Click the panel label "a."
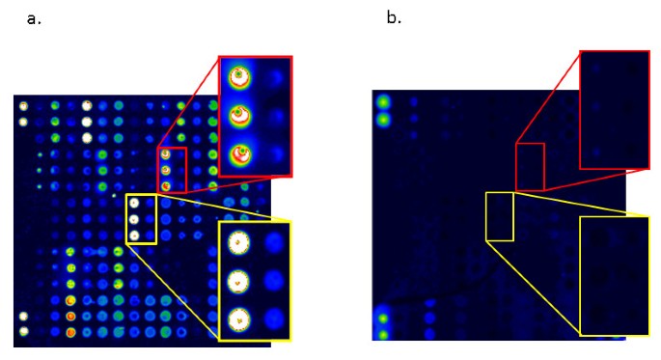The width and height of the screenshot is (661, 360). pyautogui.click(x=34, y=18)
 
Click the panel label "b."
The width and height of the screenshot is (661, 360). pyautogui.click(x=394, y=17)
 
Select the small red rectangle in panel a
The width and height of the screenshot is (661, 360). pyautogui.click(x=172, y=169)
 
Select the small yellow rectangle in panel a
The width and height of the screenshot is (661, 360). pyautogui.click(x=141, y=219)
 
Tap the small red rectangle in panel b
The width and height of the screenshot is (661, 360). pyautogui.click(x=530, y=166)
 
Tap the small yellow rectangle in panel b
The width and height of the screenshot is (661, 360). pyautogui.click(x=499, y=216)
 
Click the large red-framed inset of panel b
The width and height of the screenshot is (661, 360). pyautogui.click(x=615, y=109)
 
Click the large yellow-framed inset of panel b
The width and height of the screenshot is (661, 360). pyautogui.click(x=615, y=276)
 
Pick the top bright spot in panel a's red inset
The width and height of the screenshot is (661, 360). pyautogui.click(x=238, y=75)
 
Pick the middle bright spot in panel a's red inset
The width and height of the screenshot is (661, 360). pyautogui.click(x=238, y=115)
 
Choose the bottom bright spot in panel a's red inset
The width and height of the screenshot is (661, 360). pyautogui.click(x=238, y=153)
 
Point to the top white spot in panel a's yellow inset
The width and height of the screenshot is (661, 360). pyautogui.click(x=238, y=244)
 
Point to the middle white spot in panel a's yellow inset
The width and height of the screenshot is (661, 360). pyautogui.click(x=238, y=281)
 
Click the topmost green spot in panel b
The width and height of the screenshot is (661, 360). pyautogui.click(x=383, y=102)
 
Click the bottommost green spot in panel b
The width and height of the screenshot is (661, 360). pyautogui.click(x=383, y=334)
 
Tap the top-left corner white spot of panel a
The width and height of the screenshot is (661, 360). pyautogui.click(x=23, y=106)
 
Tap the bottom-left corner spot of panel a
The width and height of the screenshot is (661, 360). pyautogui.click(x=23, y=331)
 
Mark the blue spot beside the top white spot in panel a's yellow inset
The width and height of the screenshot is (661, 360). pyautogui.click(x=274, y=242)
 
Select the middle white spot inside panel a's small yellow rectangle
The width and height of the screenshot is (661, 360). pyautogui.click(x=135, y=219)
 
